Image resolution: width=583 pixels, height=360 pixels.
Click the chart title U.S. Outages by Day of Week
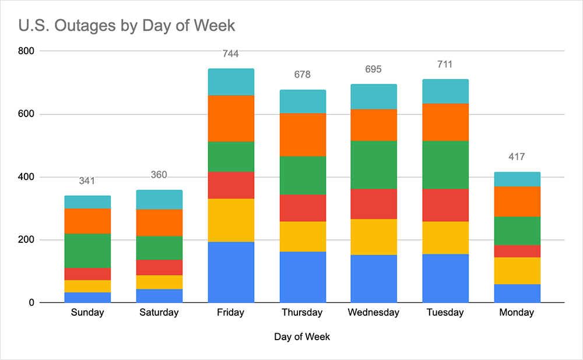[127, 26]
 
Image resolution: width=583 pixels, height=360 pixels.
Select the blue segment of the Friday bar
[231, 272]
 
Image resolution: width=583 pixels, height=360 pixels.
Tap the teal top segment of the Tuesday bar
[445, 91]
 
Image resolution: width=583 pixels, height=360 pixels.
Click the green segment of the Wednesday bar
[374, 165]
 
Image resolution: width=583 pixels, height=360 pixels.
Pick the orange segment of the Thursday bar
[302, 135]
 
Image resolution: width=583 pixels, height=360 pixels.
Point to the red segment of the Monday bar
[517, 251]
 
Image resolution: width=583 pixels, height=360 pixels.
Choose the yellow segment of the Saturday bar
[159, 282]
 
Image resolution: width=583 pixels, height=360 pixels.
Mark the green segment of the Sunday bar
[87, 250]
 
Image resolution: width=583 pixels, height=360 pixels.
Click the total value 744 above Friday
[231, 54]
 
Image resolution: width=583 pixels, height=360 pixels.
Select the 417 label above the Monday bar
[517, 157]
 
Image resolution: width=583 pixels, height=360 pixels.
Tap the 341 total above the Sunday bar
[87, 181]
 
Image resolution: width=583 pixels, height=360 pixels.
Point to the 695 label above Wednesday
[374, 69]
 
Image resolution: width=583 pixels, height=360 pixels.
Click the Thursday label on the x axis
[302, 313]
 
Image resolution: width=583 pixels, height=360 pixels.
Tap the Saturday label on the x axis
[159, 313]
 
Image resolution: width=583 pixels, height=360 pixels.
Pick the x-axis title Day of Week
[301, 337]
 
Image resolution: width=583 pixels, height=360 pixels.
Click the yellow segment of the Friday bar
[231, 220]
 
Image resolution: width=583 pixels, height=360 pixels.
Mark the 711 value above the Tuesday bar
[445, 64]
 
